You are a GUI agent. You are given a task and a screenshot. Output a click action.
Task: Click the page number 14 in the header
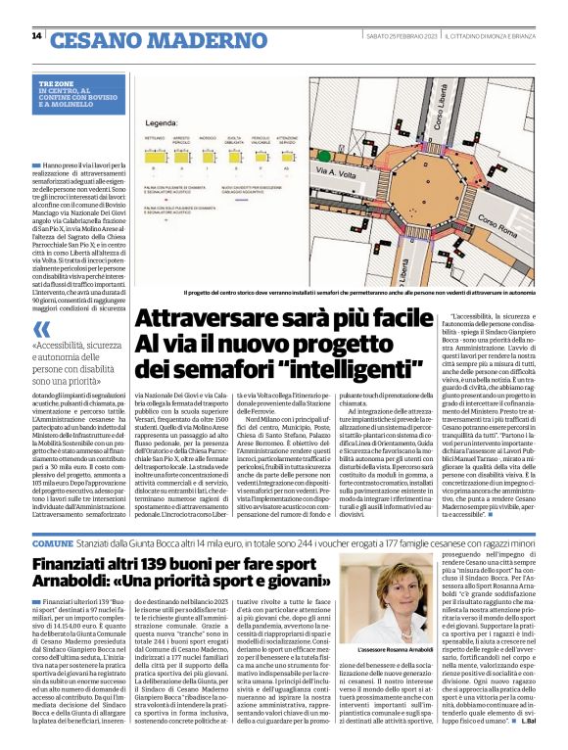point(36,36)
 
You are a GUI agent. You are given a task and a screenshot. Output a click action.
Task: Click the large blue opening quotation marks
point(40,328)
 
